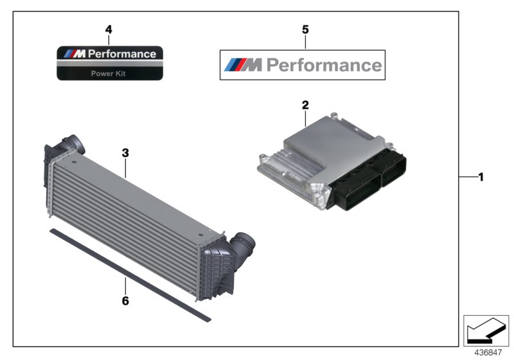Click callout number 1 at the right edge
point(479,176)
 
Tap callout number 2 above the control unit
point(305,104)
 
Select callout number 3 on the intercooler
point(126,153)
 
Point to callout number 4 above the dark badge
point(109,30)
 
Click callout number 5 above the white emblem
point(305,30)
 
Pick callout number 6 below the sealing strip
point(126,300)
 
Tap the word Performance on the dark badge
point(121,54)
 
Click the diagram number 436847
point(488,353)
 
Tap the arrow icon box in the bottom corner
point(486,330)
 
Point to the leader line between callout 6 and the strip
point(126,283)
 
